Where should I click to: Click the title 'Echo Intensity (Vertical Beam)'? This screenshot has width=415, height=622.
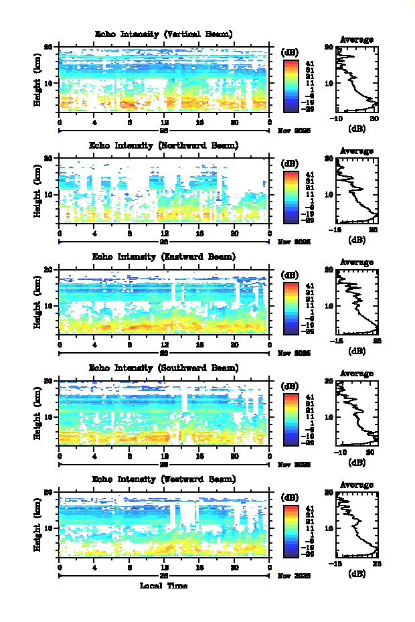click(x=163, y=34)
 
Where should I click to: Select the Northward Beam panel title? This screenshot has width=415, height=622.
click(x=163, y=145)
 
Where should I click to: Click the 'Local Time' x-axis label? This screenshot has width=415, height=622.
click(x=163, y=586)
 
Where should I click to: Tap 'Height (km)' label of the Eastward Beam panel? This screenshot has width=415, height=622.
click(x=38, y=303)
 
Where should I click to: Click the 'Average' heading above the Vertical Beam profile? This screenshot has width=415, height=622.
click(x=357, y=40)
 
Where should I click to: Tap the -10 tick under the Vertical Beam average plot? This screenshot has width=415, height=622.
click(x=337, y=119)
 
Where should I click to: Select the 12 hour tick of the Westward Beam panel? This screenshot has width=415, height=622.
click(x=165, y=568)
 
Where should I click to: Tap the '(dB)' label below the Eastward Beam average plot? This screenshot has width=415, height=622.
click(x=357, y=350)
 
